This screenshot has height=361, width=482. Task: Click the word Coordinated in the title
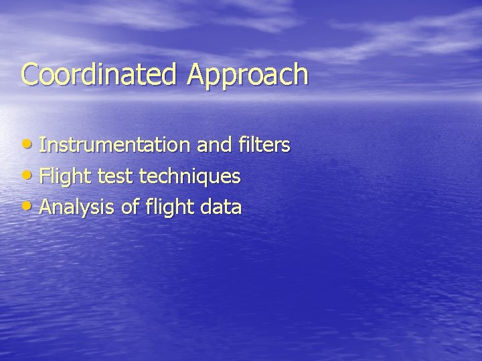[101, 74]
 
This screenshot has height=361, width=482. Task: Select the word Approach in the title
[248, 76]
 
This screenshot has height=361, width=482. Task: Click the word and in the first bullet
[219, 145]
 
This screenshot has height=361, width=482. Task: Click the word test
[118, 177]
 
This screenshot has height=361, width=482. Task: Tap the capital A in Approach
[197, 74]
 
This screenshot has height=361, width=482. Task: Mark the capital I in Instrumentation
[43, 145]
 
